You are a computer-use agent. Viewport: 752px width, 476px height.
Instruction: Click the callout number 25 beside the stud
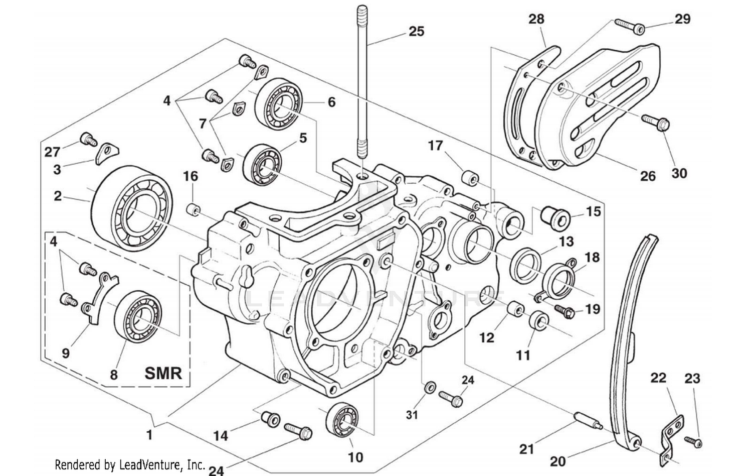click(416, 31)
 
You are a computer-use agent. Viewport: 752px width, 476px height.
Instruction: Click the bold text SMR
click(163, 373)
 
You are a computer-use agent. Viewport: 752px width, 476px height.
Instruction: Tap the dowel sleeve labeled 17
click(470, 178)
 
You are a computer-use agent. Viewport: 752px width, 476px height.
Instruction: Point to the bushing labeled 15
click(554, 216)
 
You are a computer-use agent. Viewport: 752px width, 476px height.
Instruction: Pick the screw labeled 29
click(627, 24)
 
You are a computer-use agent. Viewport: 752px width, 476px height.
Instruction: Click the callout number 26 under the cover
click(648, 176)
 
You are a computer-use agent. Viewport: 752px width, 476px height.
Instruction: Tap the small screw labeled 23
click(694, 441)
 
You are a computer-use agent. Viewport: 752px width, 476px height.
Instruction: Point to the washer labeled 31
click(430, 388)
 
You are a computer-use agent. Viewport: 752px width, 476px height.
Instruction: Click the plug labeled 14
click(271, 419)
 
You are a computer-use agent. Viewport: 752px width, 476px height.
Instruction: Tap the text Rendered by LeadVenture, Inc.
click(129, 464)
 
